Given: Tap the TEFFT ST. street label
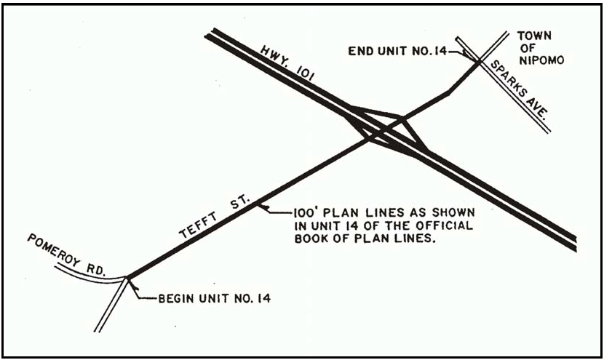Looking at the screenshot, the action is tap(215, 218).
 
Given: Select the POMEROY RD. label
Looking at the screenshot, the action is tap(65, 255).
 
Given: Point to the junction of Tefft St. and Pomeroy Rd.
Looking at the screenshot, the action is tap(128, 276).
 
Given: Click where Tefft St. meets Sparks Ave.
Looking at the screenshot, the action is tap(480, 61).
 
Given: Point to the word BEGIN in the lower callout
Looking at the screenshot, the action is tap(174, 299).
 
